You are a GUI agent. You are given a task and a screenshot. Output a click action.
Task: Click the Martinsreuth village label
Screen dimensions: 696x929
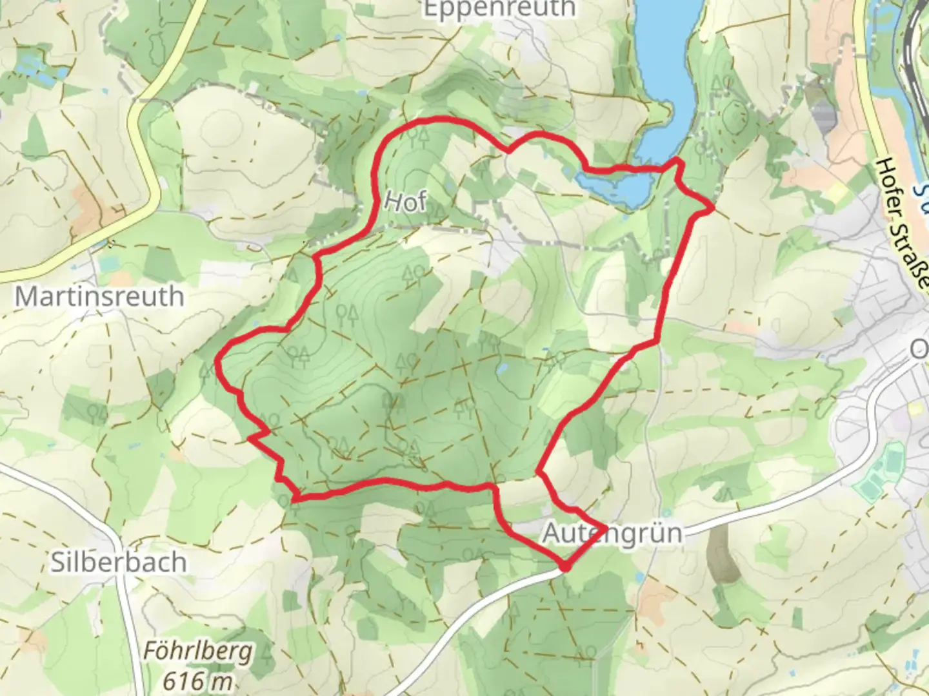(x=99, y=296)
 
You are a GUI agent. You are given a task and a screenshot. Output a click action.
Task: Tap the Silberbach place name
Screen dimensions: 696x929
(x=119, y=563)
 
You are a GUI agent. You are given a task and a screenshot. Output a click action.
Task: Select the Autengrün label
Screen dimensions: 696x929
(x=612, y=534)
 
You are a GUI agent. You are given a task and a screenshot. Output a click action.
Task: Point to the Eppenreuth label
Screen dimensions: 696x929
(x=499, y=9)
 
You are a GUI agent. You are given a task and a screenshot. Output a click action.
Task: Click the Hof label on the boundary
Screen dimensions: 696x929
(x=405, y=202)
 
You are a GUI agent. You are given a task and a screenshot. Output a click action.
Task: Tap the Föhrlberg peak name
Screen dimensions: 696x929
(x=197, y=652)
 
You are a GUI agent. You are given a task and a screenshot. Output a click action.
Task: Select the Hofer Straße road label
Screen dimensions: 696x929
(x=904, y=222)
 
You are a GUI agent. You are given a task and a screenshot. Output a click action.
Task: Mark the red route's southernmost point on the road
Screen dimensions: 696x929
(x=566, y=568)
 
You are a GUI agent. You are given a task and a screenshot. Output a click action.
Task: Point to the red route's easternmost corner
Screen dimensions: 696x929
(x=712, y=208)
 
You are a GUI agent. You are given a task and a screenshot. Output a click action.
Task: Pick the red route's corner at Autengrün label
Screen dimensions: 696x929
(x=604, y=530)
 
